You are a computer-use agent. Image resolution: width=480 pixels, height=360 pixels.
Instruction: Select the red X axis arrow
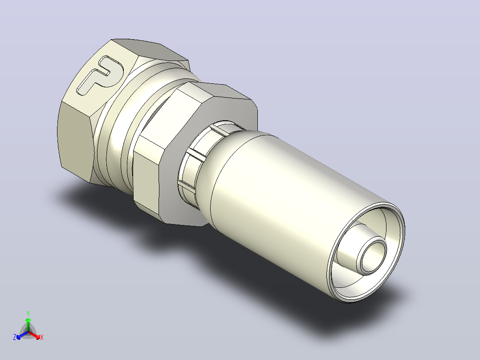34,335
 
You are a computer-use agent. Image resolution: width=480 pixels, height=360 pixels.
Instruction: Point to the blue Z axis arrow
22,335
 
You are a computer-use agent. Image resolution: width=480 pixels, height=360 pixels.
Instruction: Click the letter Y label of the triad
28,313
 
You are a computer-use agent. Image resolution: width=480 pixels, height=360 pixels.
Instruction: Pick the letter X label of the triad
42,337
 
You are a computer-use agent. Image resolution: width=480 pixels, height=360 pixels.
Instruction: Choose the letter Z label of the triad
15,337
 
